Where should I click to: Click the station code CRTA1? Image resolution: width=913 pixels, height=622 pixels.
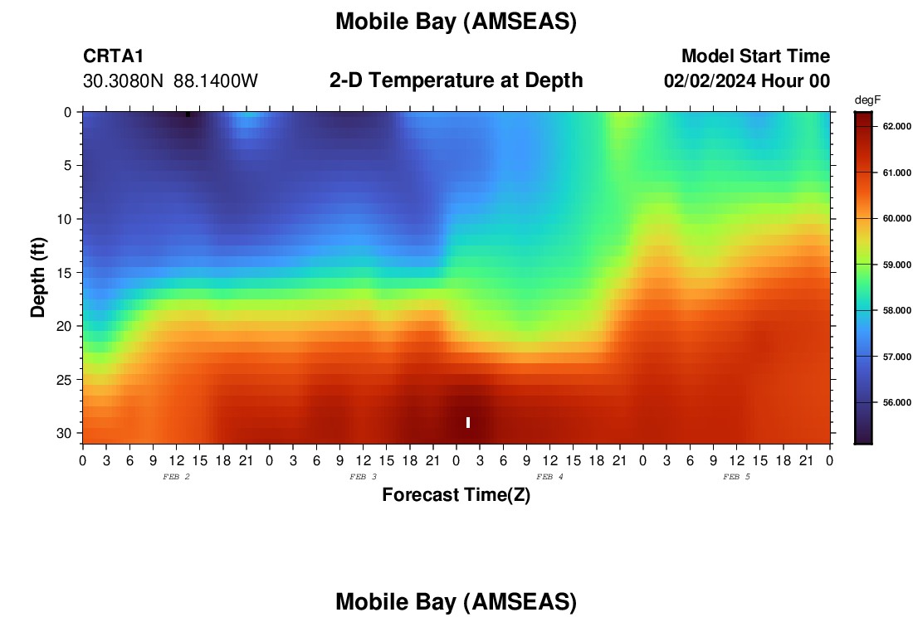113,56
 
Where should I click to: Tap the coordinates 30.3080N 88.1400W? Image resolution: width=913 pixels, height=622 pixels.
170,81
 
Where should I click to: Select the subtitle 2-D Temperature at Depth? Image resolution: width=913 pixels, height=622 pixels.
456,80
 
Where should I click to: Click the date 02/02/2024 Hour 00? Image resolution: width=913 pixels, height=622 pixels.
746,81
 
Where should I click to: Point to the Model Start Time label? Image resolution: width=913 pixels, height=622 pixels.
755,56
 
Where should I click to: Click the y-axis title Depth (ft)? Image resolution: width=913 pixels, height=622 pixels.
38,277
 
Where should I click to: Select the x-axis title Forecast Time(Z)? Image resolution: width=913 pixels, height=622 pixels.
456,494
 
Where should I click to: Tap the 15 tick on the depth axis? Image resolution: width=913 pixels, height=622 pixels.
67,273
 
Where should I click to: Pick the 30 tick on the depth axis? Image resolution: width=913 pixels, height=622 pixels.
67,434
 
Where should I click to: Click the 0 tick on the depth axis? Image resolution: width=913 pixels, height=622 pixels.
68,113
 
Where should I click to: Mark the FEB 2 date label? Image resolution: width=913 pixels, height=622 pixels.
177,477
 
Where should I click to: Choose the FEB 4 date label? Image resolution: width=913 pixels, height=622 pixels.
549,477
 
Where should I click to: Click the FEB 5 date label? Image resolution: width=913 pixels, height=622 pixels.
736,477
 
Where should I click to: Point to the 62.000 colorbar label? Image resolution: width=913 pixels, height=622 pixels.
896,126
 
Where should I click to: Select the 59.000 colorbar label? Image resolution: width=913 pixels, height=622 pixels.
896,265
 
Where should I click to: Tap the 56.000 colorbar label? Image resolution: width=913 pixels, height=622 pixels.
896,402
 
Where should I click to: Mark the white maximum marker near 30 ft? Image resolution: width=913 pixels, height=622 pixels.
468,422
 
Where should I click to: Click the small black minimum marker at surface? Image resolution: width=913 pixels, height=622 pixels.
188,114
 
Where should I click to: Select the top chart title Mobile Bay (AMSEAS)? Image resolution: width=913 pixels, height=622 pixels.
456,22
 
